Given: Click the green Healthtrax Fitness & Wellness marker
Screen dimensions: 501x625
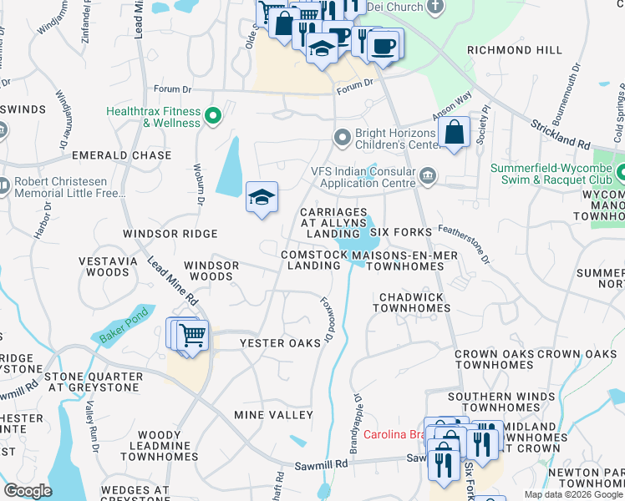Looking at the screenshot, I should tap(213, 115).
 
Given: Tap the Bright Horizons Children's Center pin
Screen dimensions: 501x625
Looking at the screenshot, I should tap(341, 136).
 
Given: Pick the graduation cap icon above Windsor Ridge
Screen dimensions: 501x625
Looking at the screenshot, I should tap(262, 198).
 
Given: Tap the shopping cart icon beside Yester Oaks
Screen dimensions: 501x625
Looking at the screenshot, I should tap(192, 336).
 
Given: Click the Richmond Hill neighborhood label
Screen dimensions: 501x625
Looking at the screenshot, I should tap(515, 50).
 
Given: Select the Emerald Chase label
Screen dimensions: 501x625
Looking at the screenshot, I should tap(121, 155).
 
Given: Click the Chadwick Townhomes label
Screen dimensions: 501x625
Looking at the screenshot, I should tap(414, 302).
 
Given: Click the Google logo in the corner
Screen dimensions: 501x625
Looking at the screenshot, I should tap(28, 490).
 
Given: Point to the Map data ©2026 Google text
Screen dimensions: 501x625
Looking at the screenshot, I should tap(572, 494).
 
